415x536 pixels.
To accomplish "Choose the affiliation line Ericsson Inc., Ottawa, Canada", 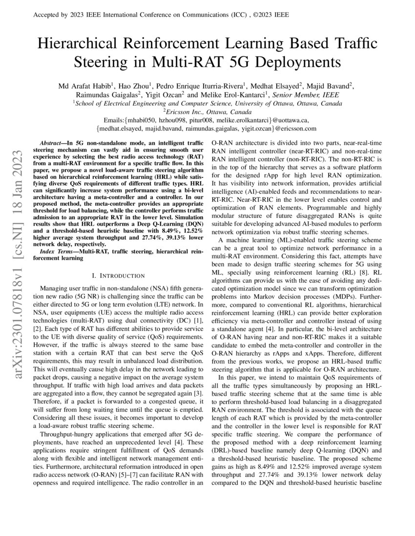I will (207, 112).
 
